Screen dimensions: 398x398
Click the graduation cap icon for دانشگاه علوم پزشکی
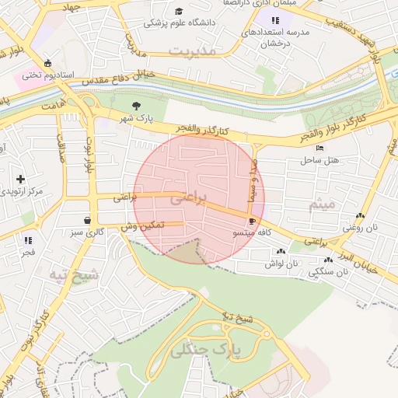pyautogui.click(x=180, y=11)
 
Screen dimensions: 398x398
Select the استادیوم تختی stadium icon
pyautogui.click(x=49, y=63)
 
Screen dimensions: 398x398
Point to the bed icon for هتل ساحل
pyautogui.click(x=319, y=148)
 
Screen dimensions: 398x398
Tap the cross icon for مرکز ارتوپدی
pyautogui.click(x=20, y=179)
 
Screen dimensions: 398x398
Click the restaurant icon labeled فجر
pyautogui.click(x=29, y=240)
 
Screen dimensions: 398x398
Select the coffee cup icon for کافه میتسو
pyautogui.click(x=252, y=221)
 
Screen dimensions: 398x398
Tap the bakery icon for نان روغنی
pyautogui.click(x=358, y=215)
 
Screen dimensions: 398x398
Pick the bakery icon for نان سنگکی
pyautogui.click(x=329, y=260)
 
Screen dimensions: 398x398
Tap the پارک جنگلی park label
pyautogui.click(x=206, y=351)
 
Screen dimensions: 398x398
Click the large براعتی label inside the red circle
pyautogui.click(x=189, y=199)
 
